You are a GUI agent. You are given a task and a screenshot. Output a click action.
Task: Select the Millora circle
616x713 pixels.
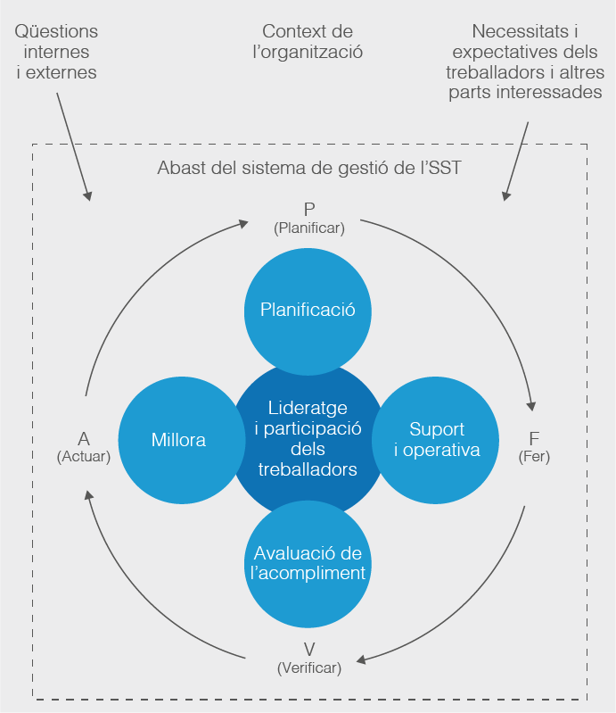pos(178,440)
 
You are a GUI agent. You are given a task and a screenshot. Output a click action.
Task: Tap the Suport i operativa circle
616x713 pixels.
pos(437,440)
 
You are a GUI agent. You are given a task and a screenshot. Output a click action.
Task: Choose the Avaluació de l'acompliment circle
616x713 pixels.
pos(308,564)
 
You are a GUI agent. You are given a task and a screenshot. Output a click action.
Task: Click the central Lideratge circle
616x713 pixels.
pos(308,440)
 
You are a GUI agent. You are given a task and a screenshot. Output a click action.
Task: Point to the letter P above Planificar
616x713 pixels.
pos(308,210)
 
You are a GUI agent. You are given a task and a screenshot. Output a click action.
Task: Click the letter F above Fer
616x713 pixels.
pos(534,438)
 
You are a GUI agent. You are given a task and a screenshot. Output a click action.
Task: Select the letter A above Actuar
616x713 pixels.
pos(83,438)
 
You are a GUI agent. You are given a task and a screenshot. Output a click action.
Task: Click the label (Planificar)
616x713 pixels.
pos(308,228)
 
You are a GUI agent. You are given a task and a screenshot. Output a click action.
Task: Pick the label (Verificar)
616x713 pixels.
pos(308,667)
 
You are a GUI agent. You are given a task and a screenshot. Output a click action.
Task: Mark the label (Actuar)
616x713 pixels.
pos(83,456)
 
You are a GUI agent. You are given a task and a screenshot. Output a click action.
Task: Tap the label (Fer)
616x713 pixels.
pos(534,456)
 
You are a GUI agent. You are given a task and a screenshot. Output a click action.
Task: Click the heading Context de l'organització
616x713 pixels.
pos(308,42)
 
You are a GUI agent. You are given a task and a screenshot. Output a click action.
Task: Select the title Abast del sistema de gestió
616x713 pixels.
pos(308,167)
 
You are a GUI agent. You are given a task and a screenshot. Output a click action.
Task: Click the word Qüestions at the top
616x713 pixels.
pos(57,32)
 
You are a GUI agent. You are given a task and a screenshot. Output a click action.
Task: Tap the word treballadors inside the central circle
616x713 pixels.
pos(308,469)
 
